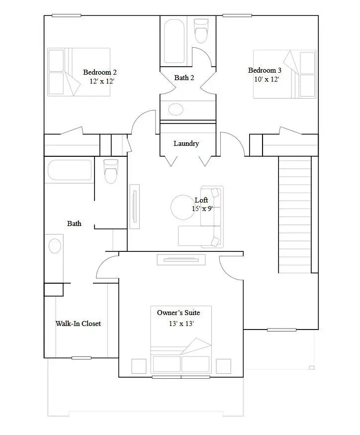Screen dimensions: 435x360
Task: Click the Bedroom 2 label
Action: (x=100, y=72)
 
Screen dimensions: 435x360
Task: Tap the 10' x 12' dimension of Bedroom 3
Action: (x=264, y=80)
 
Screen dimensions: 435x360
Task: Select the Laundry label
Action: (x=186, y=143)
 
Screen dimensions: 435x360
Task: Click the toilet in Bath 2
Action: (x=201, y=31)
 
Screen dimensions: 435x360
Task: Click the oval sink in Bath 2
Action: (x=176, y=109)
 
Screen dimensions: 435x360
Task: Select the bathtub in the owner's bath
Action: (x=70, y=170)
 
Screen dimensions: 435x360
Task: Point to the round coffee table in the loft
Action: (x=184, y=207)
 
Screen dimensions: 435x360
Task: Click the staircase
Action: (x=294, y=214)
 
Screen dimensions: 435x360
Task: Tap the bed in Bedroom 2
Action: (x=78, y=72)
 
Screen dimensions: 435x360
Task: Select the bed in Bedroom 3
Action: (x=284, y=74)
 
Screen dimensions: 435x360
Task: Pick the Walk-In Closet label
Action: (x=78, y=324)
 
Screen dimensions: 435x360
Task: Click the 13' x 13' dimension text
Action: (x=181, y=324)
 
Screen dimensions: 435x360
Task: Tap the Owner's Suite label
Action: (x=179, y=313)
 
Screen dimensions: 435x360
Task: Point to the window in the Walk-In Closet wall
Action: (x=82, y=357)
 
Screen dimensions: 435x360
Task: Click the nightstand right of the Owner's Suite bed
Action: (x=224, y=366)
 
